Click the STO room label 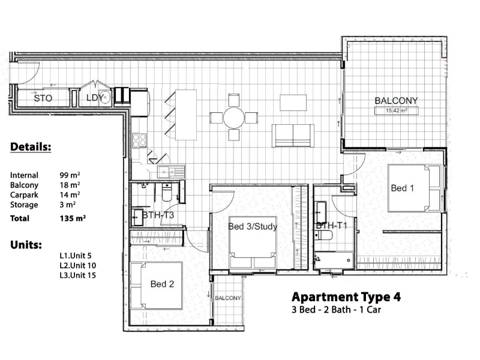click(43, 98)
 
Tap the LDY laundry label click(95, 98)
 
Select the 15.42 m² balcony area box click(397, 110)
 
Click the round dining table click(234, 118)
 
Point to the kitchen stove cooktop click(139, 141)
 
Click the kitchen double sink click(171, 172)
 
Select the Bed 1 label click(402, 188)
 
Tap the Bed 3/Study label click(253, 227)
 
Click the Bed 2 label click(162, 284)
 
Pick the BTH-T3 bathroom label click(158, 215)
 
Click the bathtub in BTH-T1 click(334, 260)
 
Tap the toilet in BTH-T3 click(167, 192)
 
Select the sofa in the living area click(293, 136)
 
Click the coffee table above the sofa click(293, 103)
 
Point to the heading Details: click(31, 147)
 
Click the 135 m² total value click(73, 218)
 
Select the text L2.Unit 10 click(78, 265)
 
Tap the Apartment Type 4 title click(346, 297)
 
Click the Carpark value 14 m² click(70, 194)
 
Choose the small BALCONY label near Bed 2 click(228, 298)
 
